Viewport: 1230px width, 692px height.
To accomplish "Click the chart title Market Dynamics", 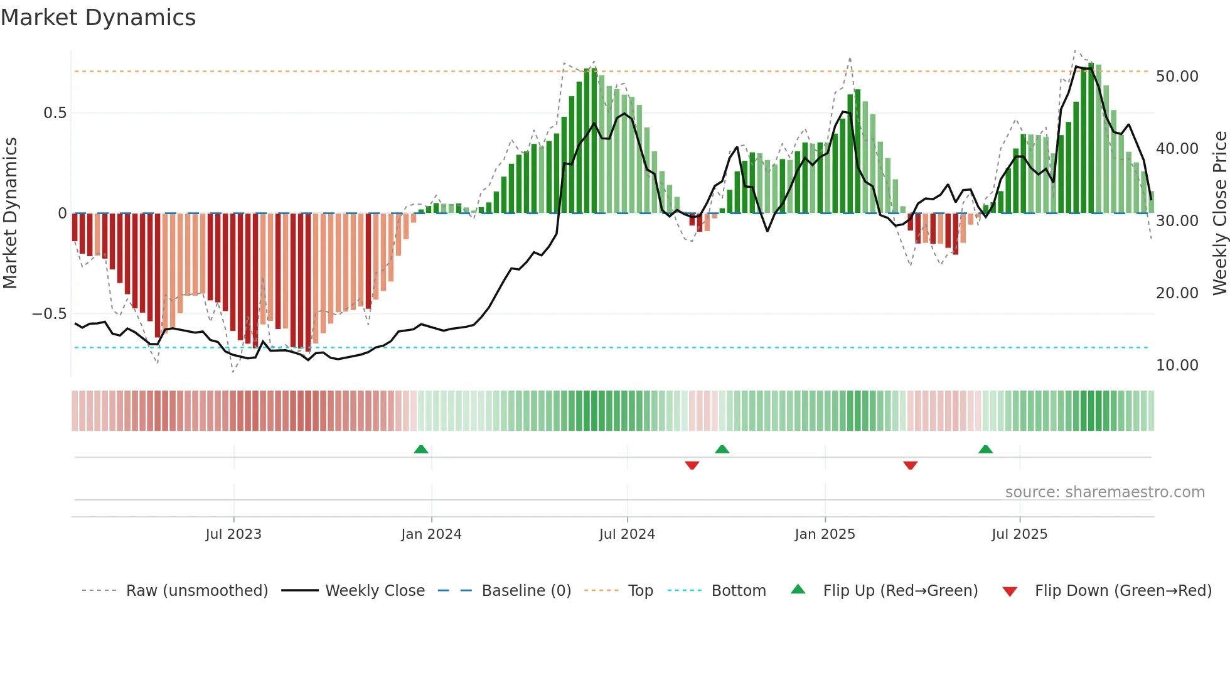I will [x=98, y=18].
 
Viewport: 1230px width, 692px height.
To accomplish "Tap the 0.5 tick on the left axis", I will [x=55, y=113].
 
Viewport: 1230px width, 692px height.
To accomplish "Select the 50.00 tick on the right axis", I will [x=1177, y=77].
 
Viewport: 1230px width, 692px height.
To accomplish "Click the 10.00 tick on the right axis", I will [x=1177, y=365].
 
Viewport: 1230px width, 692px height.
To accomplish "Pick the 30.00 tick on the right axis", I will [x=1177, y=221].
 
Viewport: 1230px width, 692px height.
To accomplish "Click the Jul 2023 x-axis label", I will [x=233, y=534].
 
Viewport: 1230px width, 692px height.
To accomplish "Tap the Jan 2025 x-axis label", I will [x=825, y=534].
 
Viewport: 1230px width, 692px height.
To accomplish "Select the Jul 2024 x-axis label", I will [x=627, y=534].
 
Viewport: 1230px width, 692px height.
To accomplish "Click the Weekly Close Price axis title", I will [x=1219, y=214].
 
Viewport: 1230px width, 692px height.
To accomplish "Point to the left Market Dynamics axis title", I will [x=10, y=214].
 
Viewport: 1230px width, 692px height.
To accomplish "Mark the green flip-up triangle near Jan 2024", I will [x=421, y=450].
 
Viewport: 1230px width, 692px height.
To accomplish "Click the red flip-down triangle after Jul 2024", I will [x=692, y=465].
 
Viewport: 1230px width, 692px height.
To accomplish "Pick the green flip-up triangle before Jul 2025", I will [x=985, y=450].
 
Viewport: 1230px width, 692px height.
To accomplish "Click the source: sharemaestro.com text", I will [x=1104, y=492].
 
